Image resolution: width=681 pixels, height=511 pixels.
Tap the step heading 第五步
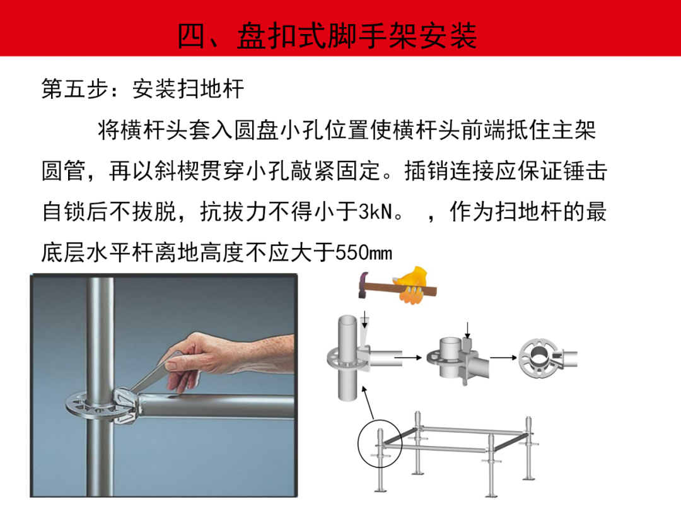[74, 89]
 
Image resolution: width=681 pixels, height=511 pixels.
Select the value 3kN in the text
[376, 211]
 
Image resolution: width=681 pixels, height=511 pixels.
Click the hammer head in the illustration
[363, 284]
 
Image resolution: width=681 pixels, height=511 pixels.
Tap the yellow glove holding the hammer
[412, 285]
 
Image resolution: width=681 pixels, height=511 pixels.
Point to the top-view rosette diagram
[539, 358]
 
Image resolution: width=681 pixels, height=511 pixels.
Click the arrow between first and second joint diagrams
[408, 358]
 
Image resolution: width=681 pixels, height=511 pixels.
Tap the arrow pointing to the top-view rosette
[503, 358]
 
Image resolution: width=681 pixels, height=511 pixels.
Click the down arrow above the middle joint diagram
[467, 330]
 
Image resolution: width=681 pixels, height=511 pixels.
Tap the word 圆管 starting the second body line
[64, 170]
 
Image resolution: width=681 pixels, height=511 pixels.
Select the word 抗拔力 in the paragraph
[234, 211]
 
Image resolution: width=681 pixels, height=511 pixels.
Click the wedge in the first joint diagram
[364, 334]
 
